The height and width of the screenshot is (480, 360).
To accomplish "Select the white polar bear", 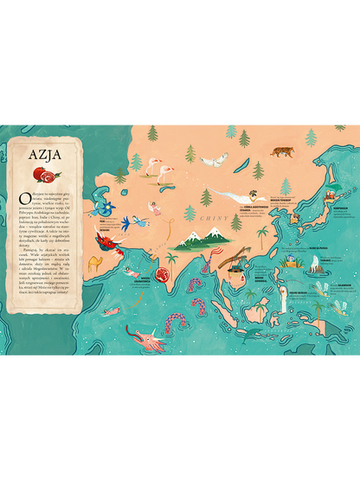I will click(x=215, y=160).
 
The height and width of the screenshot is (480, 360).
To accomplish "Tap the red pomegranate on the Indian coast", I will click(x=160, y=277).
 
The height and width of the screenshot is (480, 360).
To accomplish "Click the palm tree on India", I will click(x=172, y=261).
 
